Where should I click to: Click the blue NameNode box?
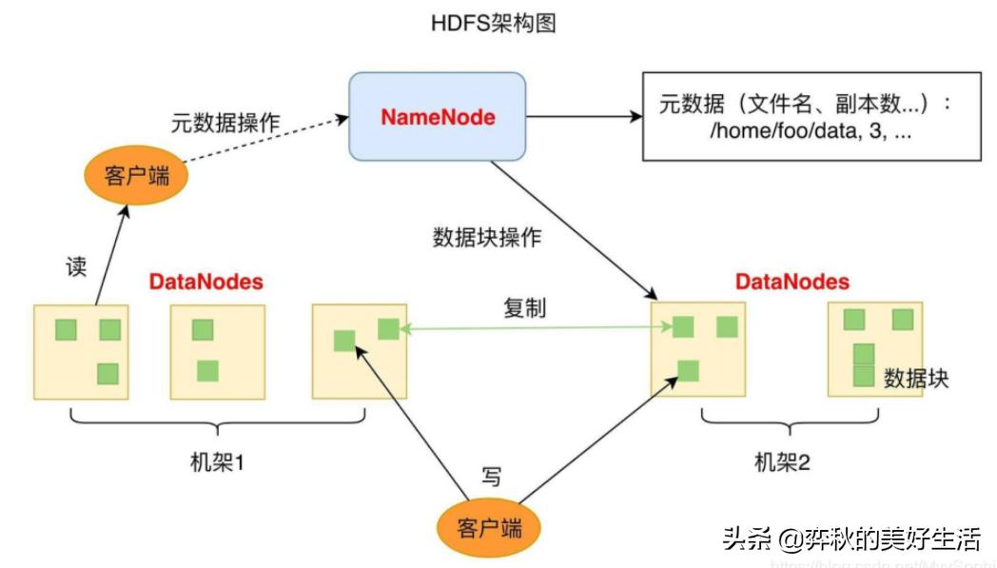(x=438, y=116)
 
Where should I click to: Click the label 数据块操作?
(x=486, y=238)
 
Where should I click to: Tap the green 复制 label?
(x=524, y=309)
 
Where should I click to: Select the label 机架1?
(x=217, y=463)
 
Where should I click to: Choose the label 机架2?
(x=782, y=463)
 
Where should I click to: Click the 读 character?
(x=76, y=267)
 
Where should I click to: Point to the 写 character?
(x=490, y=477)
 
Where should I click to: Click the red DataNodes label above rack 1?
(x=205, y=283)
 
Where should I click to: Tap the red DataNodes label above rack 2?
(x=792, y=283)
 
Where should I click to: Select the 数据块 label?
(x=916, y=378)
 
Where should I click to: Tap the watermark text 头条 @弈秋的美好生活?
(x=850, y=539)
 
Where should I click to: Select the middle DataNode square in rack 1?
(x=217, y=351)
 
